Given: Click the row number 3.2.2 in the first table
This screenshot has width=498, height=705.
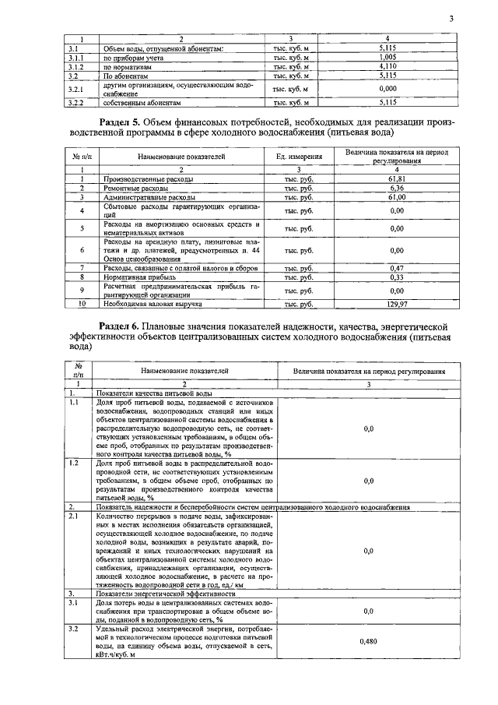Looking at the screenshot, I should coord(75,102).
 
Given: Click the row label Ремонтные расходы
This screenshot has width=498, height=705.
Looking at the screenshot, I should coord(129,188).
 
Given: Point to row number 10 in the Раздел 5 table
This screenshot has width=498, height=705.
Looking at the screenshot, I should coord(81,303).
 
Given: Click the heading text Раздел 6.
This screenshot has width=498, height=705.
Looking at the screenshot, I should coord(124,324).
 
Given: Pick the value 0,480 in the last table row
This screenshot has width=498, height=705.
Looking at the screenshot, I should coord(368,640).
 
